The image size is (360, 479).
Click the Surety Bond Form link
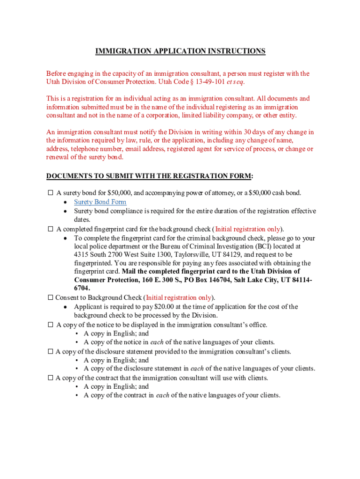pos(100,202)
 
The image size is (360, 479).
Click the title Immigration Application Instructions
pos(180,51)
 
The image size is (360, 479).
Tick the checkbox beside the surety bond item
pos(50,193)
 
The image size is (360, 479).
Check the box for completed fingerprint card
pos(50,229)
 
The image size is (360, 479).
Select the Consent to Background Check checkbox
pos(50,298)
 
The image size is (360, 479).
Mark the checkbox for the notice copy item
pos(50,325)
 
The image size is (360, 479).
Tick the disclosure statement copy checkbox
pos(50,351)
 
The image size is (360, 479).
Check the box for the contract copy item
pos(50,378)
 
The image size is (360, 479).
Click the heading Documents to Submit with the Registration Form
pos(150,176)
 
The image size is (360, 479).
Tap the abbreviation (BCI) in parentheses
pos(267,246)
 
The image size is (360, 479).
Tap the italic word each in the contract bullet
pos(163,395)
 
